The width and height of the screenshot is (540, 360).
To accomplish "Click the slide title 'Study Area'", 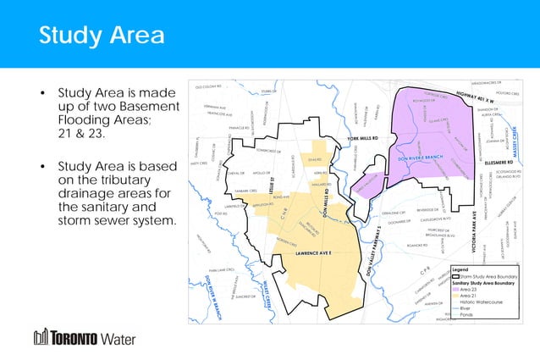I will [x=102, y=36].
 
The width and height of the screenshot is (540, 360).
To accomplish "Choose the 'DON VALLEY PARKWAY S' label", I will [x=376, y=251].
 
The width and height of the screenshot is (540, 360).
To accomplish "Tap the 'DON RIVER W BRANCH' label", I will [x=217, y=296].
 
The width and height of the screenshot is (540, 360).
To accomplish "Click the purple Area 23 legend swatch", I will [x=456, y=289].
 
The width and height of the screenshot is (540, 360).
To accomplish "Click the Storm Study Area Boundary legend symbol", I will [x=457, y=276].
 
